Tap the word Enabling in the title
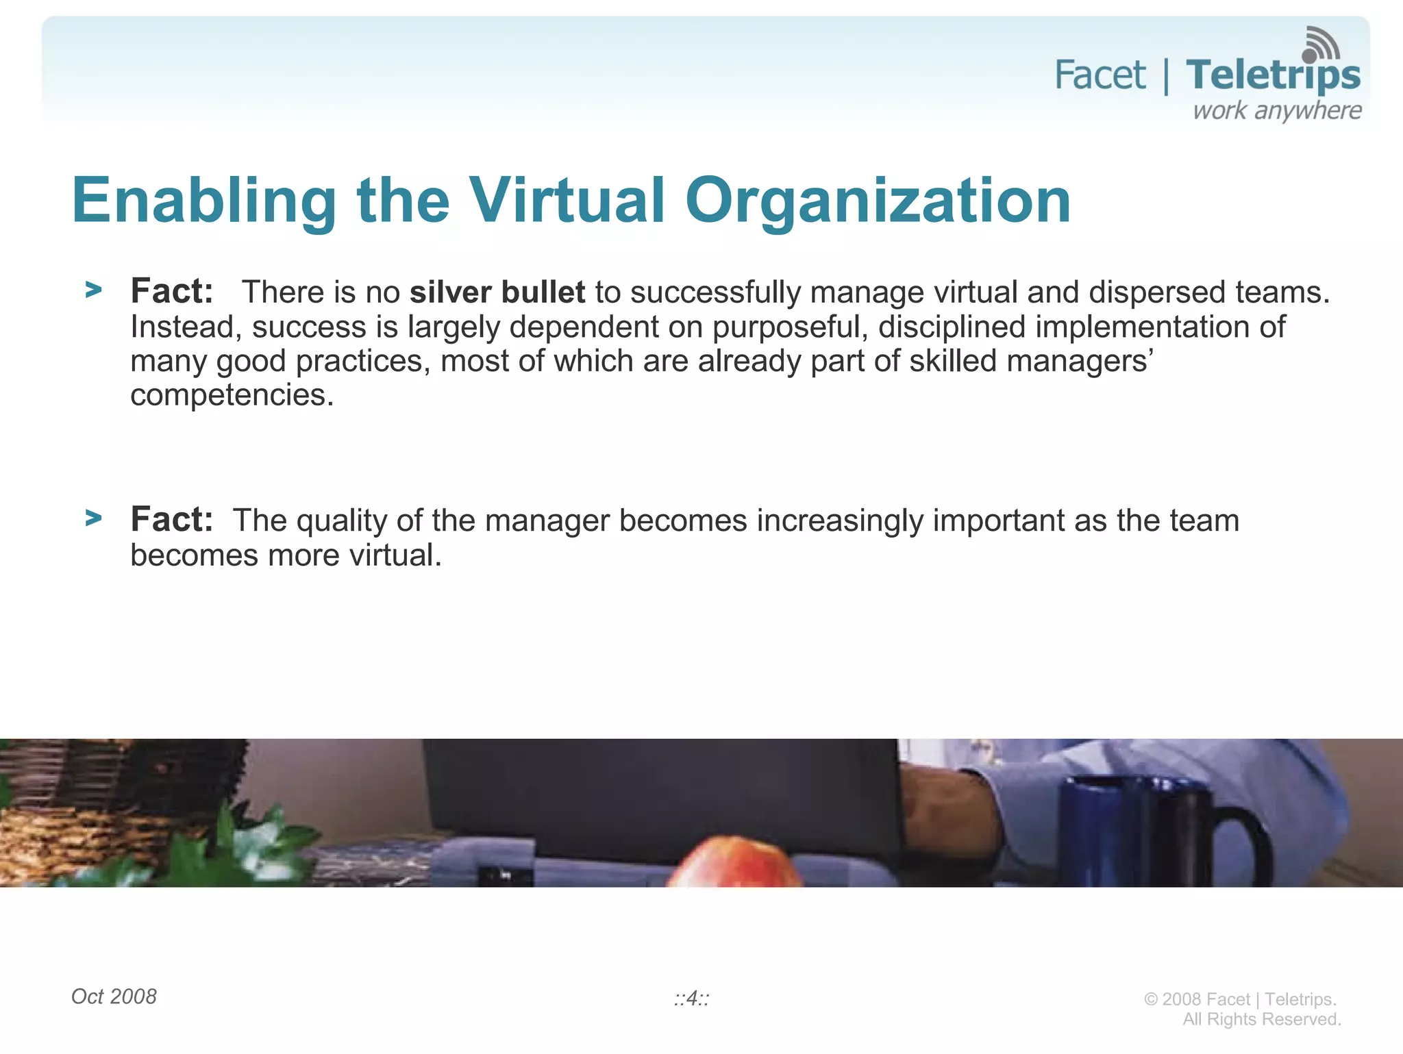tap(203, 200)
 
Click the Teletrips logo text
tap(1273, 75)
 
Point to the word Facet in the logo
tap(1100, 75)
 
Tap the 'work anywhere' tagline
tap(1277, 111)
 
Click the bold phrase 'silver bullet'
tap(497, 292)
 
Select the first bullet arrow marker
tap(93, 290)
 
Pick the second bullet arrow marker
tap(93, 518)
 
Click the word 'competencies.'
tap(232, 395)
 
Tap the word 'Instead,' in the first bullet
tap(186, 327)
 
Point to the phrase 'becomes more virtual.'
tap(286, 555)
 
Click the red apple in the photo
tap(735, 863)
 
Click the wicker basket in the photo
tap(116, 808)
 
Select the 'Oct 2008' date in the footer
tap(114, 996)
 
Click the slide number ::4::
tap(691, 999)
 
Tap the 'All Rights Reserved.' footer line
tap(1261, 1019)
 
